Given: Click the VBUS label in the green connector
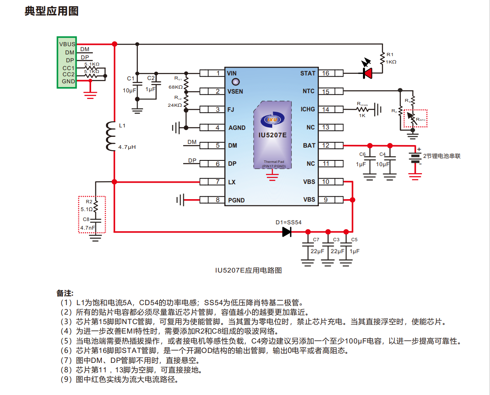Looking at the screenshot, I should coord(67,44).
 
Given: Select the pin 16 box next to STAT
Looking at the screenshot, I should coord(326,73).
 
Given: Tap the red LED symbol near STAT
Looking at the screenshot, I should coord(367,73).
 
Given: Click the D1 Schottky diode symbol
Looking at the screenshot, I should coord(287,232).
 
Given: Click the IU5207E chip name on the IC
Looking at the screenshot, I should coord(272,134).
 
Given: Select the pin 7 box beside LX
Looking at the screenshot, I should coord(217,182).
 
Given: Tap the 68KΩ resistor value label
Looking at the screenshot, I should coord(176,87).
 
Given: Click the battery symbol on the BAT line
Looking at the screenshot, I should coord(415,158).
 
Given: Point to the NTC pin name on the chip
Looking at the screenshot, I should coord(309,91).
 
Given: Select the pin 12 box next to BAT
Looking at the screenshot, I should coord(326,146).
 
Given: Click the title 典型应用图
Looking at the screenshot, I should coord(52,11).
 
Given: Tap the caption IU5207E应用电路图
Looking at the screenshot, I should coord(248,270).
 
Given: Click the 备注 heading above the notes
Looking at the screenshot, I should coord(65,293).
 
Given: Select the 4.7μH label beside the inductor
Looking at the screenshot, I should coord(127,146).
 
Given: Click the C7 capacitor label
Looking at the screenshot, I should coord(316,240).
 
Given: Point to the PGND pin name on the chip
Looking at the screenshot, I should coord(236,200).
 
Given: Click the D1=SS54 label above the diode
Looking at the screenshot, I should coord(289,222).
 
